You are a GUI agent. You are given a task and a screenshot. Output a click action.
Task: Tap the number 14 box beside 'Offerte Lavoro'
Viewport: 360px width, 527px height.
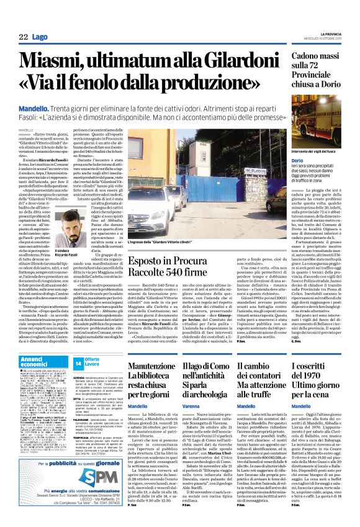point(78,362)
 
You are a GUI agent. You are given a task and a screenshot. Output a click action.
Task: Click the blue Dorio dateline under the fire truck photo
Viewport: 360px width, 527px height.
point(297,160)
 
